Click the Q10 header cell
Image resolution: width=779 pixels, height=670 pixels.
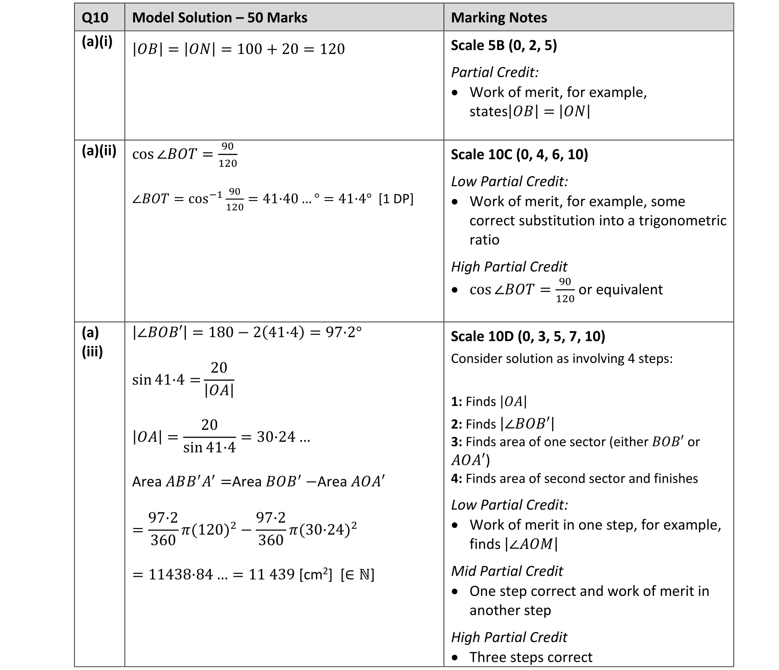click(x=95, y=18)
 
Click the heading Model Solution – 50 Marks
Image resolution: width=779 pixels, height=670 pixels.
click(x=219, y=18)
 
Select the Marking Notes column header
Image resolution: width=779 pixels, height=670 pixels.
click(x=498, y=18)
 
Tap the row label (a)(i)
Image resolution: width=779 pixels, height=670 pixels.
click(x=97, y=42)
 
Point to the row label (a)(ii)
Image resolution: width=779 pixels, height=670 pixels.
click(x=99, y=151)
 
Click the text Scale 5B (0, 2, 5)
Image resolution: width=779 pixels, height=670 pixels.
click(x=504, y=45)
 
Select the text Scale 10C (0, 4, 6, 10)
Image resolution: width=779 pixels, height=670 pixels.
click(x=519, y=154)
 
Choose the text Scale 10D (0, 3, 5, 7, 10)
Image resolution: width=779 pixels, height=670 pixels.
click(x=528, y=336)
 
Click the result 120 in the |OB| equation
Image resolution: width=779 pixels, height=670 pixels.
click(x=332, y=49)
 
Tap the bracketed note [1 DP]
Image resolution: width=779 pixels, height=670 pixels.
click(x=396, y=199)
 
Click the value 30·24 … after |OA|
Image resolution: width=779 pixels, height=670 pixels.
click(x=283, y=437)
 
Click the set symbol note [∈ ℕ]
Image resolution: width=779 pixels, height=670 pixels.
click(x=357, y=574)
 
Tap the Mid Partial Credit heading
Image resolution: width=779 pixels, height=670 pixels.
click(x=507, y=571)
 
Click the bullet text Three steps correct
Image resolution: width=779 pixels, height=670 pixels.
click(x=530, y=657)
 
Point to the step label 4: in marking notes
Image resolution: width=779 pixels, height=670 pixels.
click(x=456, y=479)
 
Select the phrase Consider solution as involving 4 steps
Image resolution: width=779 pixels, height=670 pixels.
click(x=561, y=359)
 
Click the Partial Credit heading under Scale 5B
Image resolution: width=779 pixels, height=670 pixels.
click(x=494, y=72)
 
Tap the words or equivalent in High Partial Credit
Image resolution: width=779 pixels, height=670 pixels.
click(x=620, y=290)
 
